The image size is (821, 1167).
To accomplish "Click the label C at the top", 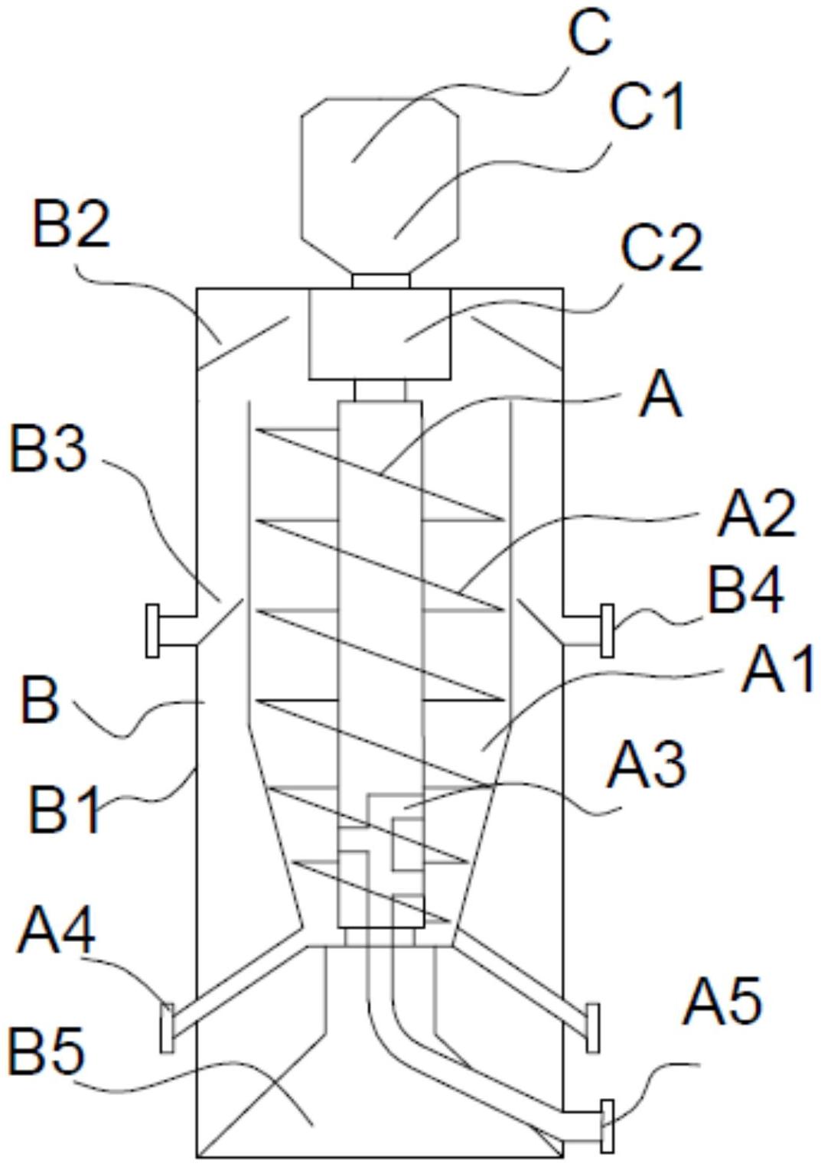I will (589, 34).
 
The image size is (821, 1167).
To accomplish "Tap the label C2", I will (661, 249).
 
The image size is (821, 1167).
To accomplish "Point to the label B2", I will (71, 224).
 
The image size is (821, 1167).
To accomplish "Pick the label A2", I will (757, 513).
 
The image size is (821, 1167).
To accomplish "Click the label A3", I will (646, 766).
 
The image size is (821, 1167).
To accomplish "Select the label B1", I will (64, 810).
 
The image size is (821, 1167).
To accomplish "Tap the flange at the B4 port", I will (607, 630).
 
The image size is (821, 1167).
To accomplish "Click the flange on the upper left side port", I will (153, 630).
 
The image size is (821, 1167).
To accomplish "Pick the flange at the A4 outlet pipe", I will (167, 1028).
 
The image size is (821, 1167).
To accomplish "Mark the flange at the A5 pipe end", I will (607, 1125).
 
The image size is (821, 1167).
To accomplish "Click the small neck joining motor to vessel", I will (380, 281).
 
